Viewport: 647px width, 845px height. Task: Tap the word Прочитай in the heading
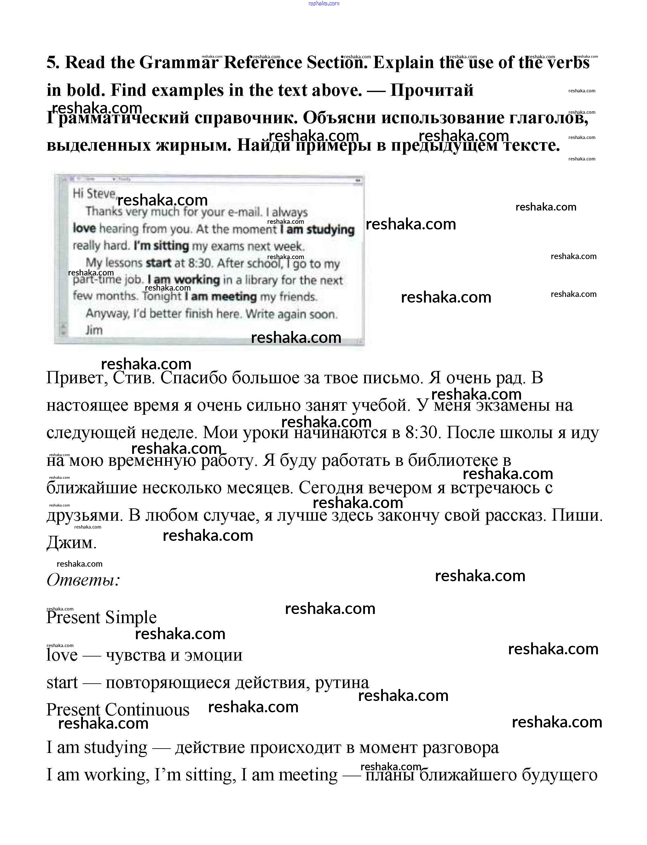(x=432, y=90)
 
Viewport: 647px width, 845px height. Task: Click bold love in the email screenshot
(x=84, y=229)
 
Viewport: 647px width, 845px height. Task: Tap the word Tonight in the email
(x=161, y=297)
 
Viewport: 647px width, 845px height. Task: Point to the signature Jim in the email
(x=94, y=330)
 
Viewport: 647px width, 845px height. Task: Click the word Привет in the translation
(x=77, y=378)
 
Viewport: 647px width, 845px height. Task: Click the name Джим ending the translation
(x=71, y=543)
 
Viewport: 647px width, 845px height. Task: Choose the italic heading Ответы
(x=83, y=580)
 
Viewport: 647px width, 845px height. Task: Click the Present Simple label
(x=101, y=618)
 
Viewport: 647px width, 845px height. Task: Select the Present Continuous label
(x=118, y=709)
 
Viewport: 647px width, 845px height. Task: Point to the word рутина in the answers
(x=342, y=682)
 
